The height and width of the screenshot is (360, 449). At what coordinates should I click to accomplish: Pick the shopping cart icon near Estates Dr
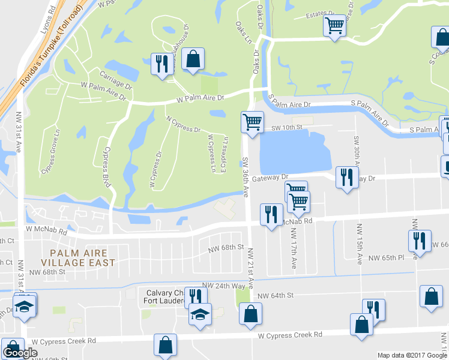[334, 26]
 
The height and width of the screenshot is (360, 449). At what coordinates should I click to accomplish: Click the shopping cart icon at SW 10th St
[252, 122]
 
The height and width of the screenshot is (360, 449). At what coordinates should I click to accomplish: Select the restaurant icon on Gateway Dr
[346, 177]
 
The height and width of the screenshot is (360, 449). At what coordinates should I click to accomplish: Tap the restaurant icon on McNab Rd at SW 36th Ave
[271, 214]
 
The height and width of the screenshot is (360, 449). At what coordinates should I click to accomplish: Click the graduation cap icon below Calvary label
[200, 314]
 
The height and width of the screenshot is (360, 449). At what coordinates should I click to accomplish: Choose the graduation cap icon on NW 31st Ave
[24, 307]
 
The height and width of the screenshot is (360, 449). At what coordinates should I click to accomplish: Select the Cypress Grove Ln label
[50, 152]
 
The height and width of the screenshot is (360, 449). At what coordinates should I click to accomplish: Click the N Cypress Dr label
[184, 124]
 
